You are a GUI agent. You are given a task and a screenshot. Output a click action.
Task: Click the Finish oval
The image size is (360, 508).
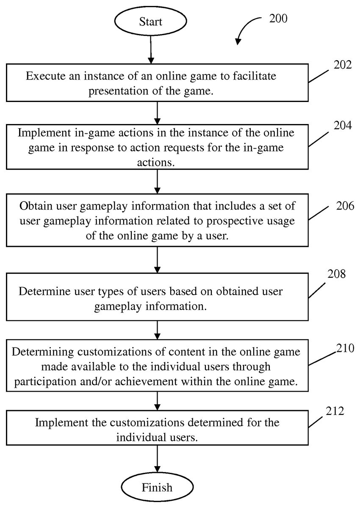[x=157, y=487]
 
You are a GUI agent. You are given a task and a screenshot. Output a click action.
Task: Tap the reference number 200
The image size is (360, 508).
[x=277, y=18]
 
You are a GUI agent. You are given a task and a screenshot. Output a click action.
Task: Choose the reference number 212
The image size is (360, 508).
[x=335, y=411]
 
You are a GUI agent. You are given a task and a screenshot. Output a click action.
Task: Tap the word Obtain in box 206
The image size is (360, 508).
[x=34, y=207]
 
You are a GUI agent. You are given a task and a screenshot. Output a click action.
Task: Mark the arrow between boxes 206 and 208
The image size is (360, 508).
[x=157, y=260]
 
